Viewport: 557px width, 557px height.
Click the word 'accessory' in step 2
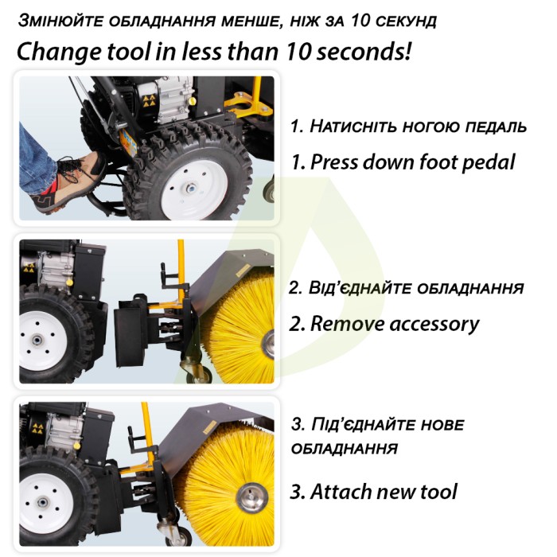[x=434, y=325]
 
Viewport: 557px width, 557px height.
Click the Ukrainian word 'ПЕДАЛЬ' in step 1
[x=496, y=127]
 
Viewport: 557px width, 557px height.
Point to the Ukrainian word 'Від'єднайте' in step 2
[x=360, y=287]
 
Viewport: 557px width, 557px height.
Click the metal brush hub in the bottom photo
[x=252, y=497]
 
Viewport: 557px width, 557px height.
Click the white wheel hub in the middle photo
[x=40, y=341]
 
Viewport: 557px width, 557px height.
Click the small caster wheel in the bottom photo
[x=177, y=534]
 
